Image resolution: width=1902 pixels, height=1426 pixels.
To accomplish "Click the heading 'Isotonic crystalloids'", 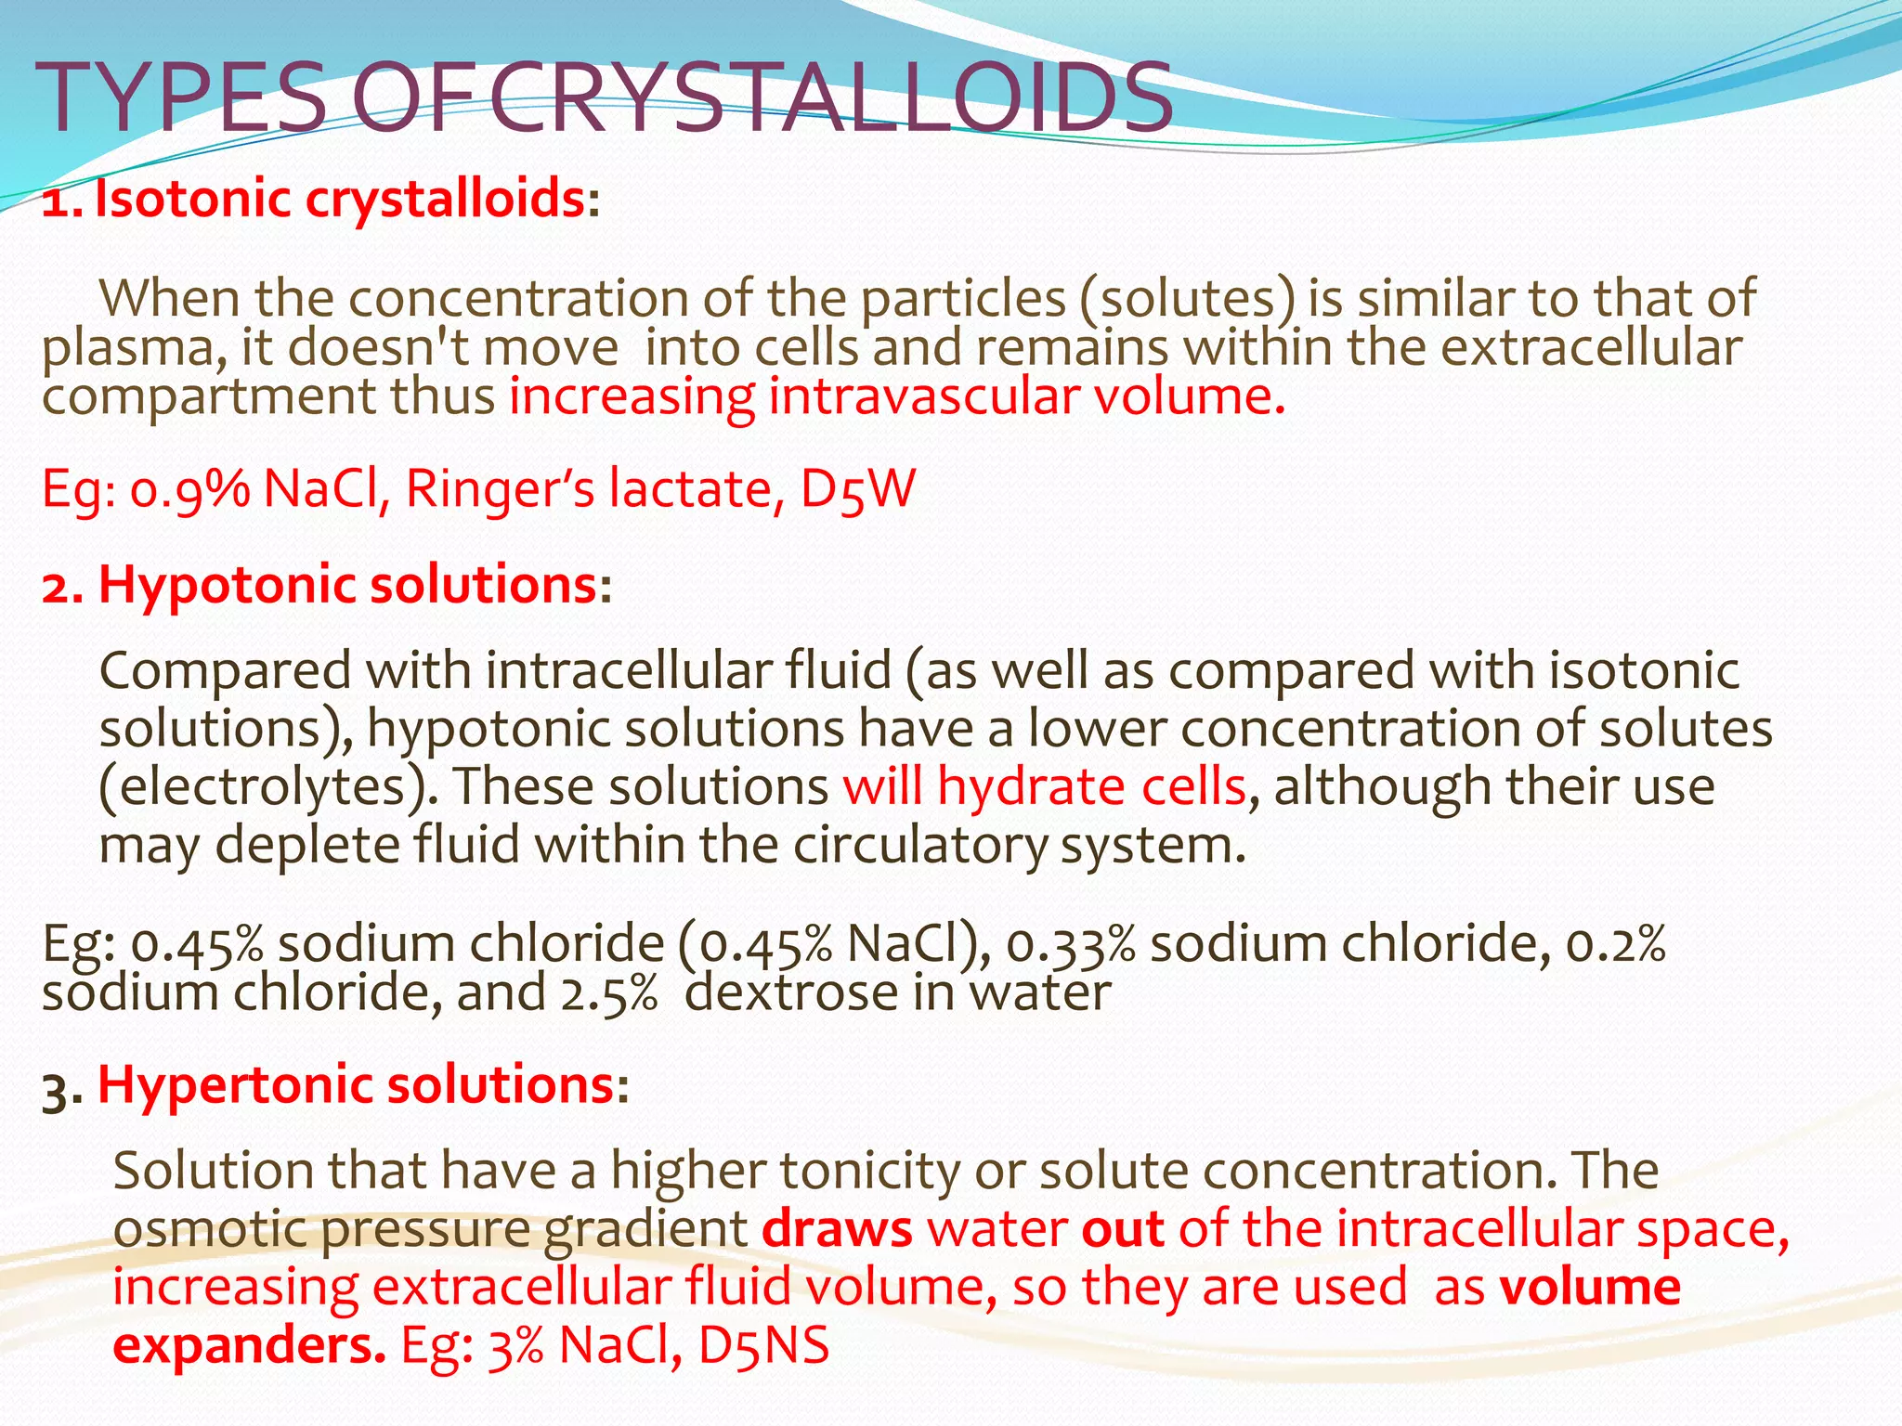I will tap(340, 200).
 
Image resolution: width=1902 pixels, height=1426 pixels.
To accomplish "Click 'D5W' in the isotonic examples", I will tap(857, 489).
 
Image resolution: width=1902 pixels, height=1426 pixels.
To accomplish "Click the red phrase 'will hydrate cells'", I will tap(1044, 787).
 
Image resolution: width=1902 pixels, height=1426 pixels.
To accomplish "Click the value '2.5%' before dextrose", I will tap(608, 993).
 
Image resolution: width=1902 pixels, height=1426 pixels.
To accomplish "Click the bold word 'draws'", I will tap(837, 1229).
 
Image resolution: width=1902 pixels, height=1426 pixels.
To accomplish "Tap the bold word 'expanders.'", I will tap(249, 1345).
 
